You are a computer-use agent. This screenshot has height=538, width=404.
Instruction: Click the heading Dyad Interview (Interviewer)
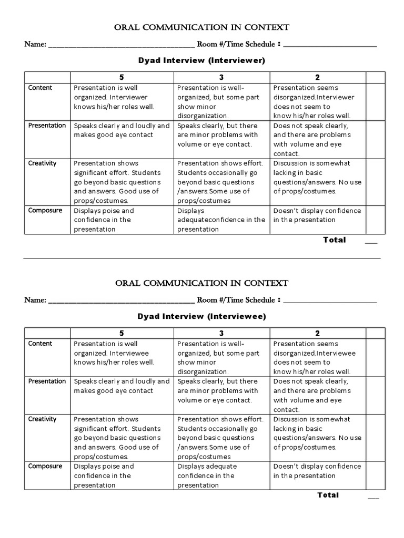tap(201, 61)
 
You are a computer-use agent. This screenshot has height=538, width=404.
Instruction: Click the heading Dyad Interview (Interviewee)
tap(201, 317)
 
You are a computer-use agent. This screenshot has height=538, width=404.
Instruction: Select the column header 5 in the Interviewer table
tap(122, 77)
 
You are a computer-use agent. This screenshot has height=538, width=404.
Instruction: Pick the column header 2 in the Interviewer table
tap(317, 77)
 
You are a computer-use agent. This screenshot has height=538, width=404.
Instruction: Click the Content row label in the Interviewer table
tap(40, 88)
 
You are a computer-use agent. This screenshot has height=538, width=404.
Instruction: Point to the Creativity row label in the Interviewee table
tap(42, 419)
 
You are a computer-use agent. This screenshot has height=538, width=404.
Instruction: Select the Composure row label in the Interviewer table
tap(45, 211)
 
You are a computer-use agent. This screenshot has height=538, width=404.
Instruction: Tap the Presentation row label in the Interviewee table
tap(47, 381)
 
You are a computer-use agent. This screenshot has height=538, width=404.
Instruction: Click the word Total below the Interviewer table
tap(335, 240)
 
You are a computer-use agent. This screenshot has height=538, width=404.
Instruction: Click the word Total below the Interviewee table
tap(328, 495)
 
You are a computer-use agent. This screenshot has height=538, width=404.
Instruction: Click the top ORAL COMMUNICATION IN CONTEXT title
tap(201, 27)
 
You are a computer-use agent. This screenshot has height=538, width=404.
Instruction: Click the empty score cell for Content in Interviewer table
tap(376, 101)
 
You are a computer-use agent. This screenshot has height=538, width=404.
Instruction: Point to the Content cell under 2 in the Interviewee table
tap(317, 357)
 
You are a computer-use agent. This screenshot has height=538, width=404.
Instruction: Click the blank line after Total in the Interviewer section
tap(371, 242)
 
